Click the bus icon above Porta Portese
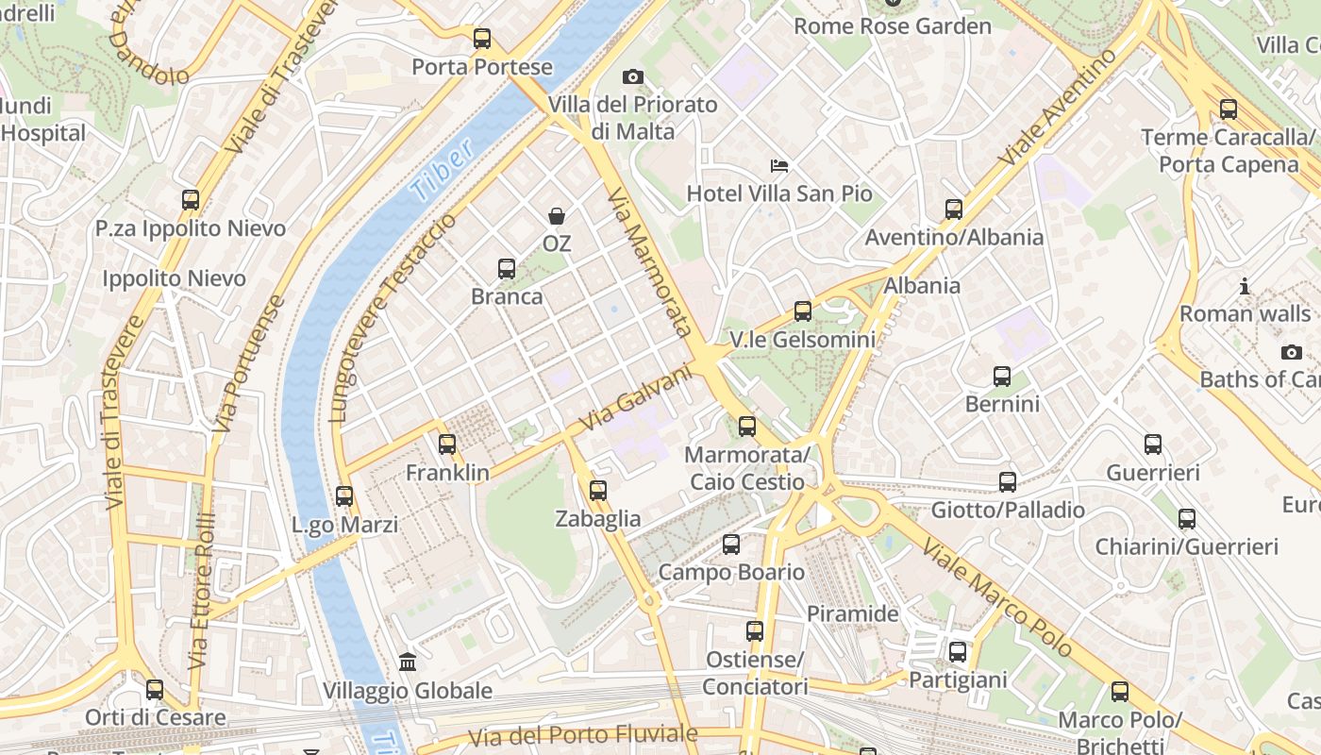pos(482,39)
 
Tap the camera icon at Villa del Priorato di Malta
pos(632,76)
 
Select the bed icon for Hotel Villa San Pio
pos(779,166)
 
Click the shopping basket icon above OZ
pos(557,216)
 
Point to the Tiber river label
pos(442,172)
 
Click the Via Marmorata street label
pos(650,262)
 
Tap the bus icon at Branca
pos(507,269)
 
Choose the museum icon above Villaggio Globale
pos(408,663)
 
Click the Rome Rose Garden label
pos(892,25)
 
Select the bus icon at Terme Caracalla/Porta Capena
pos(1228,109)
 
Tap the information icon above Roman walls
pos(1245,286)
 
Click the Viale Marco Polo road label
pos(997,597)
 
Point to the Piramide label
pos(852,613)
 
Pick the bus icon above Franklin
pos(447,445)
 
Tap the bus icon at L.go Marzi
pos(344,496)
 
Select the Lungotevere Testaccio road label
pos(393,317)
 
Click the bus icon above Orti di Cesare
pos(155,690)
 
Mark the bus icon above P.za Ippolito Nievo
pos(191,200)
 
